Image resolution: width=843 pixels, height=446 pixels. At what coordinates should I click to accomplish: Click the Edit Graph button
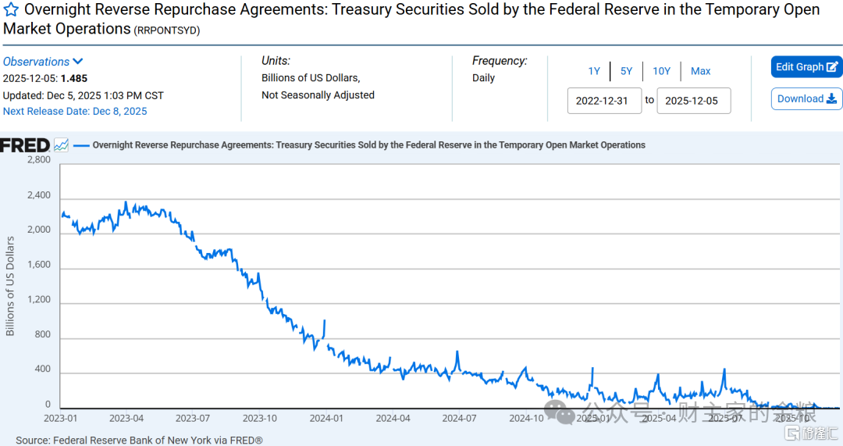(806, 67)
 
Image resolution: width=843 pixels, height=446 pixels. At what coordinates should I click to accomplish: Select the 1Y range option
(594, 71)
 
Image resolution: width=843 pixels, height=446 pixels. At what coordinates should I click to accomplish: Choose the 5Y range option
(627, 71)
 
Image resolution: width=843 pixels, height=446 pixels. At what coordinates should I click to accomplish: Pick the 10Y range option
(661, 71)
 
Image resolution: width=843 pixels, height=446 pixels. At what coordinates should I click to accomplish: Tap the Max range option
(700, 71)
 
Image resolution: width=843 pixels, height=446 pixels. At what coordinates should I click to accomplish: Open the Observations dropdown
(43, 62)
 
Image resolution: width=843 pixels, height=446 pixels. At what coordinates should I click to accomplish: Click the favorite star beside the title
(12, 11)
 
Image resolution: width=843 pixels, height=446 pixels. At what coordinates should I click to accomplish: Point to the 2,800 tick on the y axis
(38, 159)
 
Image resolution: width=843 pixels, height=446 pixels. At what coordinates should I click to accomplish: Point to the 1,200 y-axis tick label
(38, 300)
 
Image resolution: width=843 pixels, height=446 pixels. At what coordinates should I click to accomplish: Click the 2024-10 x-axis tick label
(527, 419)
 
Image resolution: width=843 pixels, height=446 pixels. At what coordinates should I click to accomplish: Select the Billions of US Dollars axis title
(10, 286)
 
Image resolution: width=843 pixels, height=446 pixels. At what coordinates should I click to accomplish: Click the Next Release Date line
(75, 112)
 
